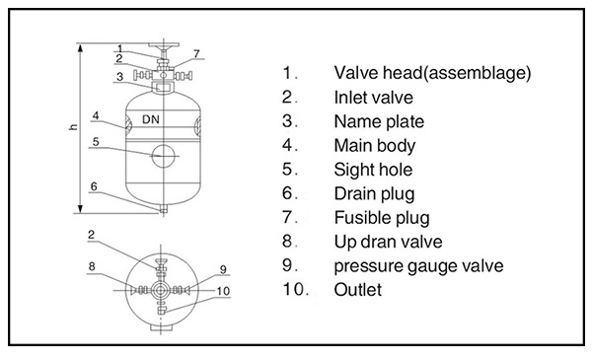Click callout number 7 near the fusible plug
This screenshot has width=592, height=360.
[x=196, y=52]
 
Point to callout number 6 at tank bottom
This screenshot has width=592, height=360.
[x=93, y=185]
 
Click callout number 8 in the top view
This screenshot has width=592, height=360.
[x=93, y=266]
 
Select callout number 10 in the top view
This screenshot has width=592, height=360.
[x=223, y=291]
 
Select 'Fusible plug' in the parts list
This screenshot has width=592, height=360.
[x=381, y=218]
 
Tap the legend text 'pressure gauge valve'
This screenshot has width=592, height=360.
[x=418, y=266]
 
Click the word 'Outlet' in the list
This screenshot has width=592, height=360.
[x=356, y=290]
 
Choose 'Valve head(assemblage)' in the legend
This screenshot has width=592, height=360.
[x=432, y=73]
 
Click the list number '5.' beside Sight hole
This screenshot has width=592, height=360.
[x=289, y=170]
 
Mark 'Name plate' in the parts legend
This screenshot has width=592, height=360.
[x=378, y=121]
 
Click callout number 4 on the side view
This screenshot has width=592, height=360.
[x=96, y=115]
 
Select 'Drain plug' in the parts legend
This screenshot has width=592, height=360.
[x=374, y=194]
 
